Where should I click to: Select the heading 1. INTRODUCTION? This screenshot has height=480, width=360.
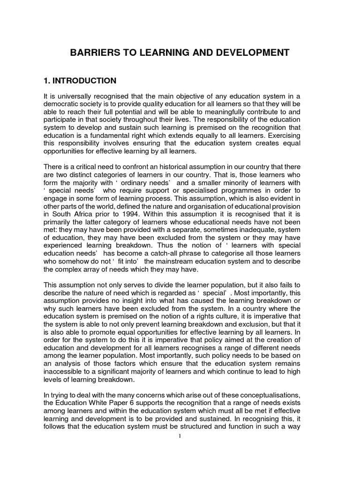[x=80, y=81]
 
